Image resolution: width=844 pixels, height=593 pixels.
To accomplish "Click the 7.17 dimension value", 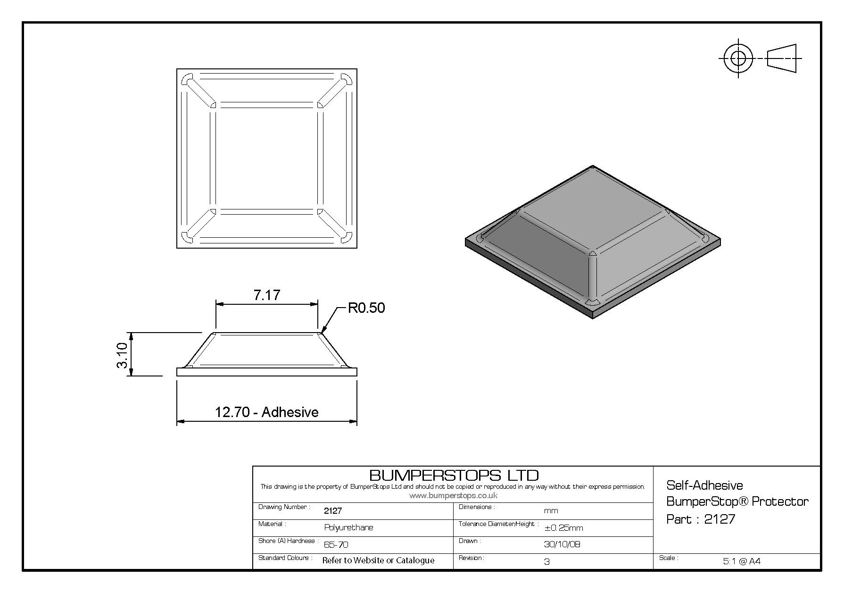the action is [x=267, y=295].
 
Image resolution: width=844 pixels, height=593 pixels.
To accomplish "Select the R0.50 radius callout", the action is [x=366, y=308].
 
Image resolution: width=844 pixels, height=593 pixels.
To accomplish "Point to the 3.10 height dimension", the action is [x=123, y=355].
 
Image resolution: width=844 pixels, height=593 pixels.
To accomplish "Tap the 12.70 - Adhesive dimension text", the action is [x=267, y=412].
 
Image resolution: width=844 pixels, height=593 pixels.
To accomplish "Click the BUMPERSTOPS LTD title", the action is [x=454, y=475].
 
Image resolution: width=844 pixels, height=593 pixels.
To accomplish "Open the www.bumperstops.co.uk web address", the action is [x=454, y=495].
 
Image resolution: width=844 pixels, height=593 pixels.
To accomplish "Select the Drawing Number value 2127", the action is [x=333, y=510].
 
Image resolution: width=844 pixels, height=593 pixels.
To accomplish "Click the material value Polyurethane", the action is [x=348, y=527].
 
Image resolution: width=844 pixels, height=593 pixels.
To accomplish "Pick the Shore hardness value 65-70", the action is [x=336, y=544].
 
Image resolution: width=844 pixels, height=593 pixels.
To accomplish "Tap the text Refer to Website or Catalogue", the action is [x=378, y=560].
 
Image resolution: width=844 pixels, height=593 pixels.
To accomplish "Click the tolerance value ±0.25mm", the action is [x=563, y=528].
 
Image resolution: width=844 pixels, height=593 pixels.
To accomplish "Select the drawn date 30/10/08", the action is [x=562, y=544].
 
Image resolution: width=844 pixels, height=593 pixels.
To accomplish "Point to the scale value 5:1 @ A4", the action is [x=742, y=561].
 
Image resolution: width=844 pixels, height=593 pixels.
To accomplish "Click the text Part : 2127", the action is [x=701, y=519].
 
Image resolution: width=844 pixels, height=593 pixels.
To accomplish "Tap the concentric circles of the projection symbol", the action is [x=738, y=58].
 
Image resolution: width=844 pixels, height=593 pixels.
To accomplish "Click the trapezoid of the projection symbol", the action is [x=782, y=58].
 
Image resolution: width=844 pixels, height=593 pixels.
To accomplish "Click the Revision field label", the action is [x=471, y=558].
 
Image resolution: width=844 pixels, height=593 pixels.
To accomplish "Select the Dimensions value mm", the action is [x=551, y=511].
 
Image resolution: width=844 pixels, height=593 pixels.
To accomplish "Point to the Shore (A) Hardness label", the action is [x=288, y=541].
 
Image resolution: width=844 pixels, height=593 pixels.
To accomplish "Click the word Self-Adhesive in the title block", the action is [x=704, y=485].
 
